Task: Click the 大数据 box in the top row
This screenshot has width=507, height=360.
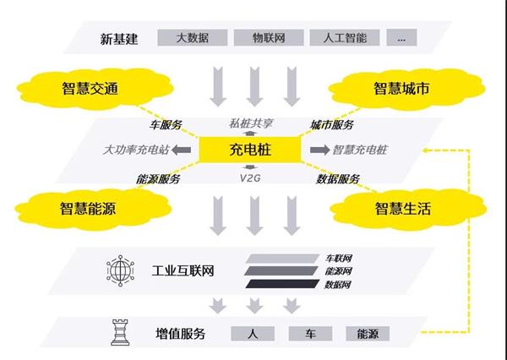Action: pyautogui.click(x=193, y=37)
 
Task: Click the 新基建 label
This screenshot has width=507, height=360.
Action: pyautogui.click(x=117, y=37)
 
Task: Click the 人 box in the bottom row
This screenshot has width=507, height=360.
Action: pyautogui.click(x=252, y=332)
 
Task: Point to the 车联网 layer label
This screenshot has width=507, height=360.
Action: pyautogui.click(x=339, y=257)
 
